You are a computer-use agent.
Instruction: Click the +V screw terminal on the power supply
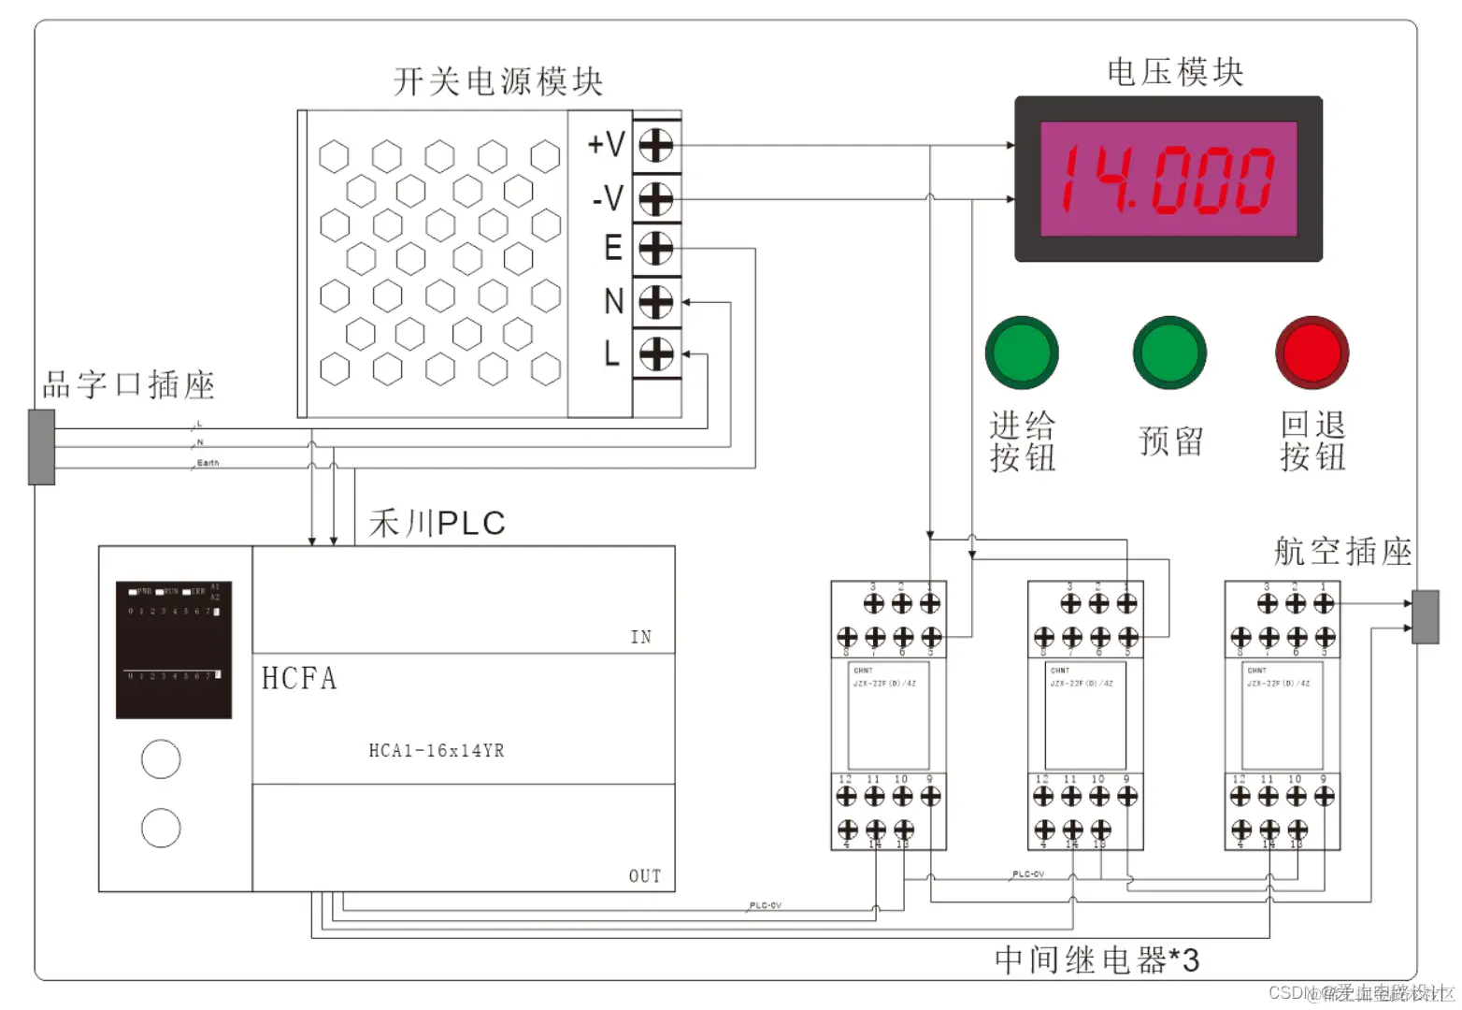click(x=656, y=146)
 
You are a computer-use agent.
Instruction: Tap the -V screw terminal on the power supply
click(x=656, y=199)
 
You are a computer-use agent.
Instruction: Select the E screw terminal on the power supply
click(x=656, y=249)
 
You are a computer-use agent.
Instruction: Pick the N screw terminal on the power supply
click(x=656, y=302)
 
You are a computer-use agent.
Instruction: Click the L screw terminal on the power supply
click(x=656, y=354)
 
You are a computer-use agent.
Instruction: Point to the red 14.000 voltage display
click(x=1168, y=179)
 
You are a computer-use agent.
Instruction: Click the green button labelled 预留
click(x=1169, y=353)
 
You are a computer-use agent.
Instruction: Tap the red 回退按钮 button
click(x=1312, y=353)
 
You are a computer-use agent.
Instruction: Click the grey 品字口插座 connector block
click(x=42, y=447)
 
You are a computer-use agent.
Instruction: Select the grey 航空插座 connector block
click(x=1425, y=616)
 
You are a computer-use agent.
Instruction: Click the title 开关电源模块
click(x=498, y=82)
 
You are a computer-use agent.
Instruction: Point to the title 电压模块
click(x=1175, y=73)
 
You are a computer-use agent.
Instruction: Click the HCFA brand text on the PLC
click(x=299, y=678)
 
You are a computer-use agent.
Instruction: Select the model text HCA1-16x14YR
click(x=437, y=751)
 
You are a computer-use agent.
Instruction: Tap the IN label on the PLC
click(x=641, y=637)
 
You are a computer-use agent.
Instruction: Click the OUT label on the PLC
click(x=645, y=876)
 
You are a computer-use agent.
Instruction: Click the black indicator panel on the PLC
click(x=174, y=650)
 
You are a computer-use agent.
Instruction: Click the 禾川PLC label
click(x=437, y=524)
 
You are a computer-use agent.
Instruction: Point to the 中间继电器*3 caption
click(x=1096, y=959)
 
